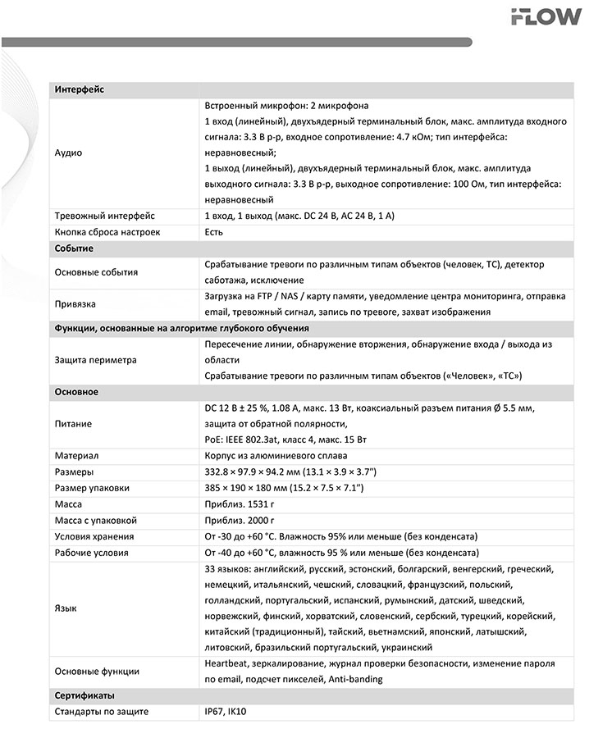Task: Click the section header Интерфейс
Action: coord(80,89)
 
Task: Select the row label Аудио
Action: coord(68,153)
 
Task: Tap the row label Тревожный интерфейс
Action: coord(104,216)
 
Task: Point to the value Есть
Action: coord(214,232)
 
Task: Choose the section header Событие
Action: coord(74,248)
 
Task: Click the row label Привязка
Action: coord(75,303)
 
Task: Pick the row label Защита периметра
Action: coord(95,359)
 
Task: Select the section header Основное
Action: coord(76,391)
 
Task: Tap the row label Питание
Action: coord(73,424)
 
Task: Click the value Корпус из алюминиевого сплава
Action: coord(276,456)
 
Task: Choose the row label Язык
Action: coord(66,608)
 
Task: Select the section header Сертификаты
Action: coord(84,695)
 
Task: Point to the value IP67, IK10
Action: coord(226,712)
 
